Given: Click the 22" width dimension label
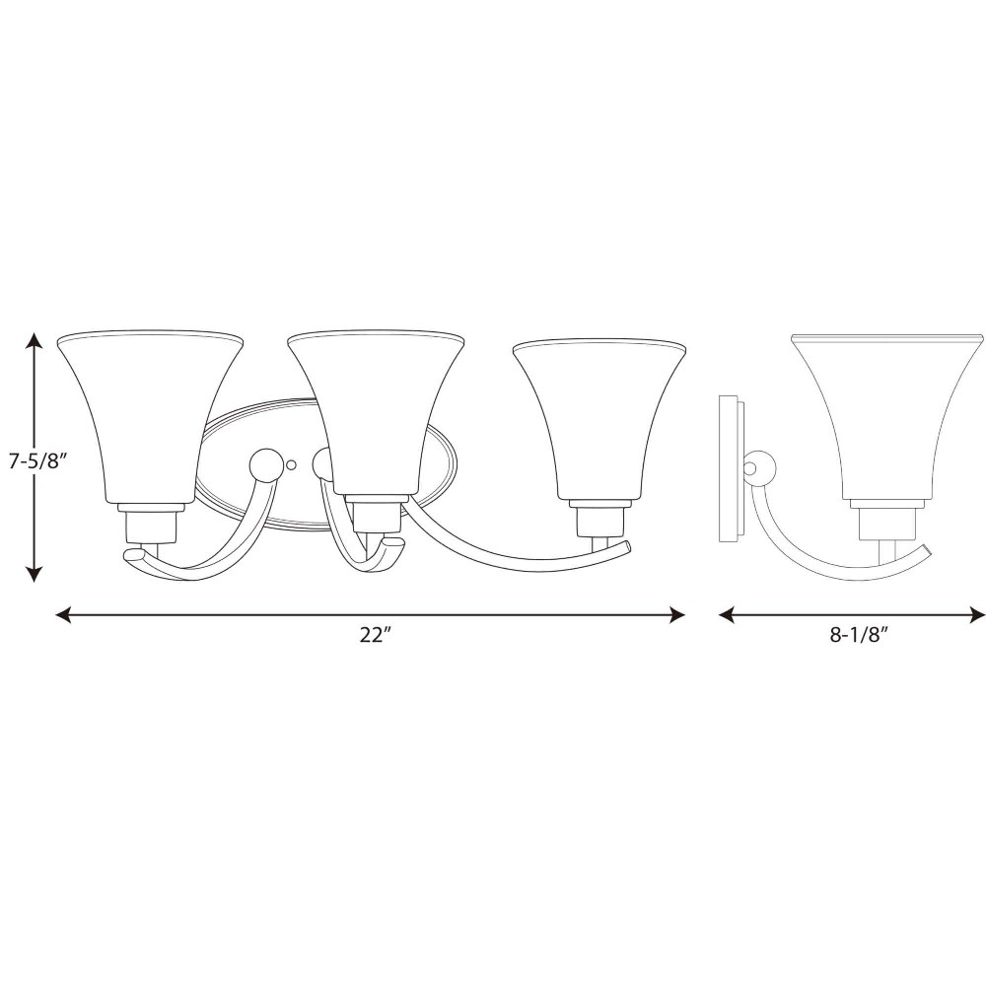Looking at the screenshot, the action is coord(376,635).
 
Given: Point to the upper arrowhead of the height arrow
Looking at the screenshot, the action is coord(35,341).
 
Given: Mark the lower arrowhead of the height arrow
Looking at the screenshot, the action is coord(35,573).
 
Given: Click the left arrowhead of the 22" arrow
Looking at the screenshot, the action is coord(65,614).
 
